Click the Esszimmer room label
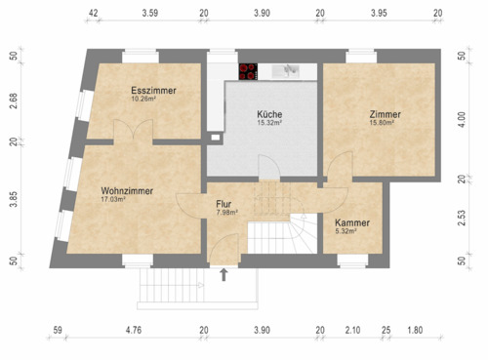pos(152,90)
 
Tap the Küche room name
pos(270,113)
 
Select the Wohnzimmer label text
pos(127,190)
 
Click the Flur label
pos(224,204)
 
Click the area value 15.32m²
pos(270,123)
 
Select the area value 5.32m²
pos(346,231)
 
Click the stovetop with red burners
pos(249,70)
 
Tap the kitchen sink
pos(288,70)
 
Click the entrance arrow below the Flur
pos(224,276)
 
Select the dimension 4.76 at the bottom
pos(134,331)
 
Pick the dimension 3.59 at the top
pos(149,14)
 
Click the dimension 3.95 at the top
pos(379,14)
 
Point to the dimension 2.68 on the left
pos(14,101)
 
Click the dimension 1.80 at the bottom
pos(415,331)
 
